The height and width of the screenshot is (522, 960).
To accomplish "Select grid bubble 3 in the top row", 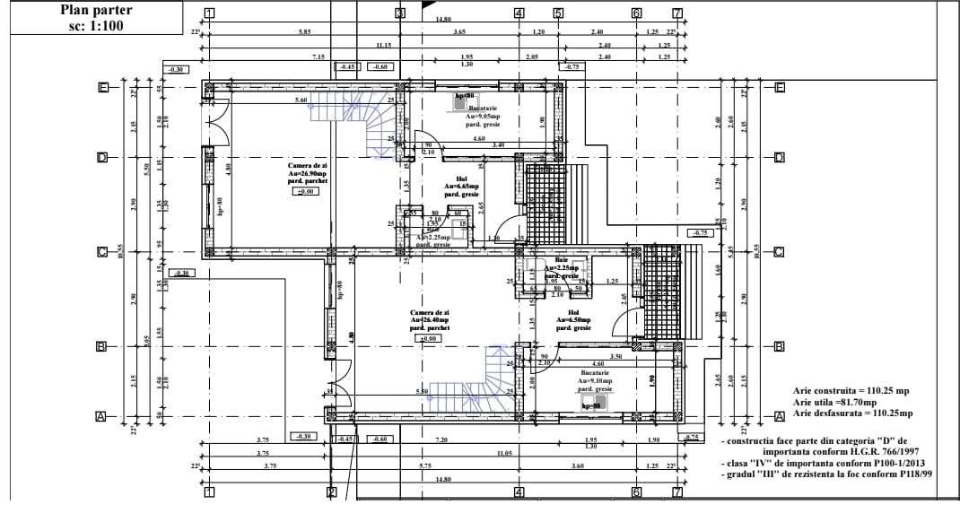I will pos(400,13).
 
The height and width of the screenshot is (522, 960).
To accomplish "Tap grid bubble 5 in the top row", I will pos(558,13).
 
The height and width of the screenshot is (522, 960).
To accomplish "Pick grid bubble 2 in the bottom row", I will pos(331,492).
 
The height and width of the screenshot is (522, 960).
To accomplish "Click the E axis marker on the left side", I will pos(104,87).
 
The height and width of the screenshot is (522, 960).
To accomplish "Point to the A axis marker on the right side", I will pos(779,417).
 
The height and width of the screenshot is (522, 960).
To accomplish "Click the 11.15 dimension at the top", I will pos(384,45).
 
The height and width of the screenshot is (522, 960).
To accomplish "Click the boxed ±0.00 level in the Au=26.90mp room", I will pos(306,192).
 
